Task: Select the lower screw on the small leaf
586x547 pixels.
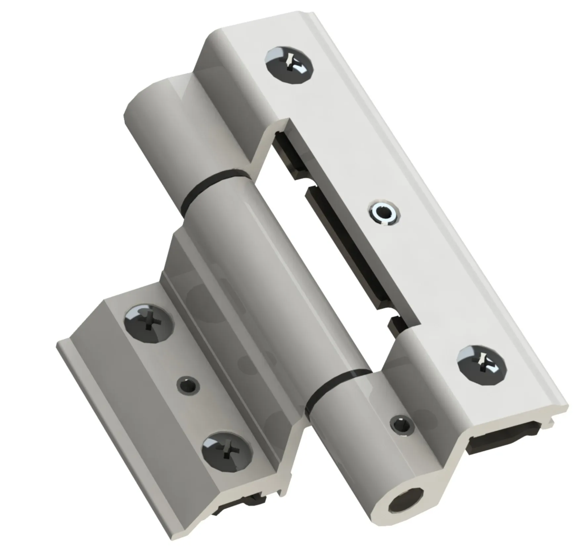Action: pos(227,452)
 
